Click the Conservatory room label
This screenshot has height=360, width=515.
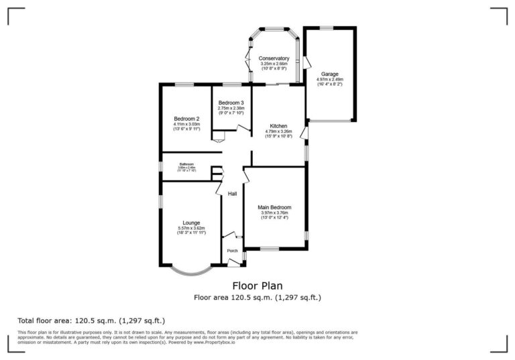tap(274, 58)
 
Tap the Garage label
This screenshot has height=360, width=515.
tap(329, 74)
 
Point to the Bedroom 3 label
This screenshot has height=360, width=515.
tap(231, 103)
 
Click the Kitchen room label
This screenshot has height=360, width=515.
tap(278, 126)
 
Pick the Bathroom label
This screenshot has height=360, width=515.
tap(186, 164)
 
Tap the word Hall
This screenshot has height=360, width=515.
tap(232, 194)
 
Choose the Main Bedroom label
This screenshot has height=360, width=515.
tap(274, 208)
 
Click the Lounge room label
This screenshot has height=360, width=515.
tap(191, 223)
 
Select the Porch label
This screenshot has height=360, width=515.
tap(232, 251)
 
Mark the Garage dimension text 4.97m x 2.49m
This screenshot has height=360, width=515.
tap(329, 79)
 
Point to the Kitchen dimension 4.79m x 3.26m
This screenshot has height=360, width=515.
tap(278, 131)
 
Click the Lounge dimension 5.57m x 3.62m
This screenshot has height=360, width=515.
tap(191, 228)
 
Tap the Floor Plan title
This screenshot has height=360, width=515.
tap(257, 286)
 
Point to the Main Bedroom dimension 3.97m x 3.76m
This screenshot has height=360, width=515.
tap(274, 213)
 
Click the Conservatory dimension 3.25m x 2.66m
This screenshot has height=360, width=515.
tap(274, 64)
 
